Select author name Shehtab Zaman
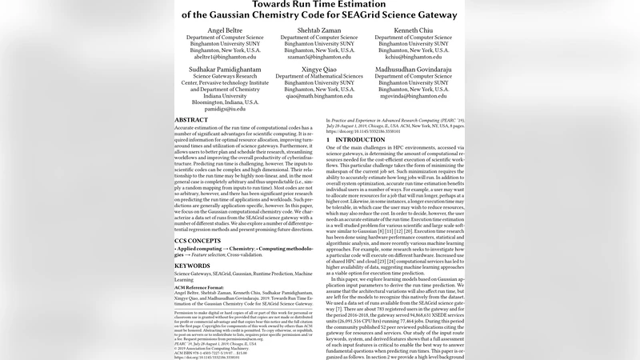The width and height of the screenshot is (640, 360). tap(320, 30)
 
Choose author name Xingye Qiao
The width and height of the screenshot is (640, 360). tap(320, 70)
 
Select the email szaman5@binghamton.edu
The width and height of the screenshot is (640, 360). tap(320, 57)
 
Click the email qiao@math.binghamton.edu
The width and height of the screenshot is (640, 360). tap(320, 97)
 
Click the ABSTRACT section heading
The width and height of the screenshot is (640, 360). tap(196, 119)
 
